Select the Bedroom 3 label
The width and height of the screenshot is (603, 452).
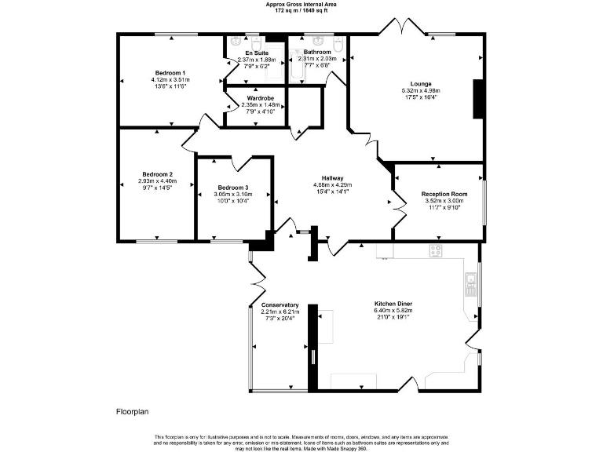click(x=233, y=188)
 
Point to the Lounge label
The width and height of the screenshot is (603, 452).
click(x=421, y=83)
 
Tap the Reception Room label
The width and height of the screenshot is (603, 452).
click(x=444, y=194)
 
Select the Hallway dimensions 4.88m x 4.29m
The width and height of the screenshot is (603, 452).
click(x=334, y=184)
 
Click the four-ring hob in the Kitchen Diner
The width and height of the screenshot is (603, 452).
click(x=436, y=251)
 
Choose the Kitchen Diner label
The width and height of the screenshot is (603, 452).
click(x=393, y=303)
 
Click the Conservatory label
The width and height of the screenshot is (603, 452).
click(x=280, y=304)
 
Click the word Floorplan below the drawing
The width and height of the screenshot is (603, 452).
click(x=132, y=410)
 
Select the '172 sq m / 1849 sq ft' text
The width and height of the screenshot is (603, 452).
click(x=301, y=10)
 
